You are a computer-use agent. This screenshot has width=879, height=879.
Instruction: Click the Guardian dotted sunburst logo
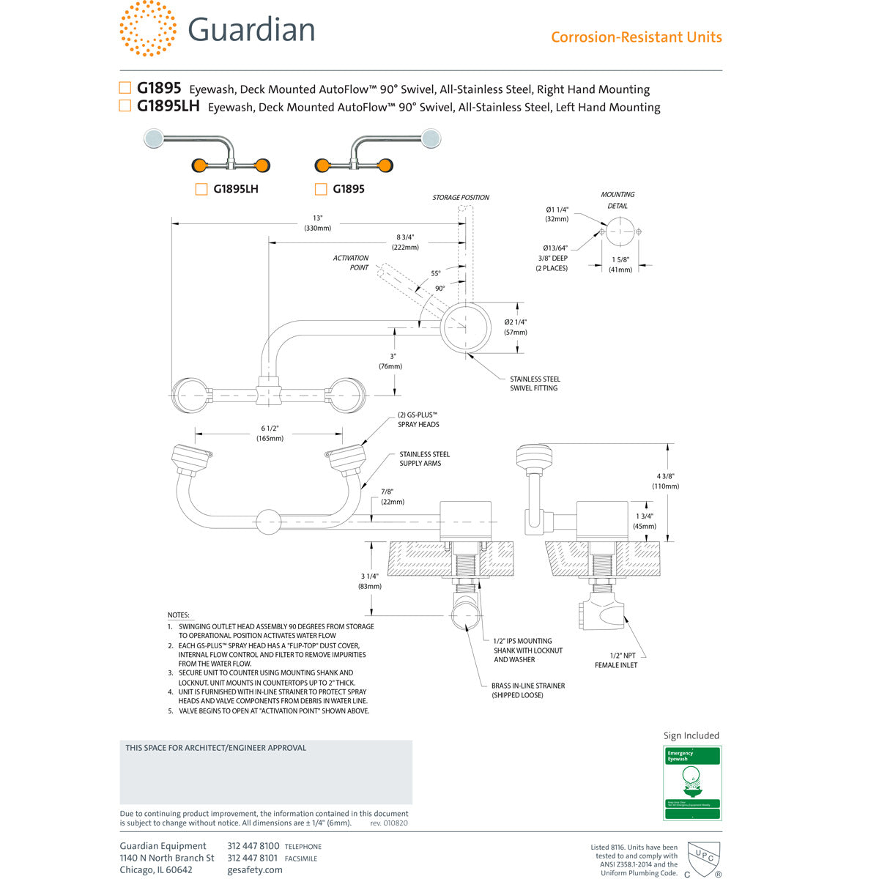tap(147, 29)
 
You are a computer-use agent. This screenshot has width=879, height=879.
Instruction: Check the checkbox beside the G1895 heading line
tap(125, 88)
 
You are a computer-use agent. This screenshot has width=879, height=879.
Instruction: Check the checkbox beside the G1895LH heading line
tap(125, 106)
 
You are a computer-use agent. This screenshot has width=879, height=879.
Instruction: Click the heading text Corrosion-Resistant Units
tap(636, 37)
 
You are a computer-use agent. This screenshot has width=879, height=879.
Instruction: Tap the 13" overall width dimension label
tap(317, 223)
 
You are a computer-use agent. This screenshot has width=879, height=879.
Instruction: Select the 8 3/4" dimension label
tap(405, 242)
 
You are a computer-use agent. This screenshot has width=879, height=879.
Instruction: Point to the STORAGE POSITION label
tap(460, 198)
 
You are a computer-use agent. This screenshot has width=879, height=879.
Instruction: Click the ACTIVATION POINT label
tap(351, 263)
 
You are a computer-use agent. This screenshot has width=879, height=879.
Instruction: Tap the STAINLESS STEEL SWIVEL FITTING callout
tap(535, 384)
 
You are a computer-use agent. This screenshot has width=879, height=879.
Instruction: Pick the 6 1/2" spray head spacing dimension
tap(270, 434)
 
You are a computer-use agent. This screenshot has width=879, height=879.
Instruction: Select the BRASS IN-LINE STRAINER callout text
tap(527, 690)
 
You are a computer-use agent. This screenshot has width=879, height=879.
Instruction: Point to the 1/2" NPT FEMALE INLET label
tap(616, 660)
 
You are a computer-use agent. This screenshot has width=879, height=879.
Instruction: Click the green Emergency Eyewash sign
tap(691, 782)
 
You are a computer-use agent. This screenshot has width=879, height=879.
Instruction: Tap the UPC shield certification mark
tap(704, 857)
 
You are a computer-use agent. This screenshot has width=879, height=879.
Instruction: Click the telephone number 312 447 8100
tap(253, 846)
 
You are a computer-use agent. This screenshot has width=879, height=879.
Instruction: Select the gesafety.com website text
tap(255, 869)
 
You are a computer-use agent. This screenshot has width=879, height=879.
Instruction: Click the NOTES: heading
tap(179, 615)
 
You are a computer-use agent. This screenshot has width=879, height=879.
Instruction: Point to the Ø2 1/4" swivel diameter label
tap(516, 327)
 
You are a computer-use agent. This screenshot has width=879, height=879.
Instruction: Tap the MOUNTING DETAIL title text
tap(617, 200)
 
